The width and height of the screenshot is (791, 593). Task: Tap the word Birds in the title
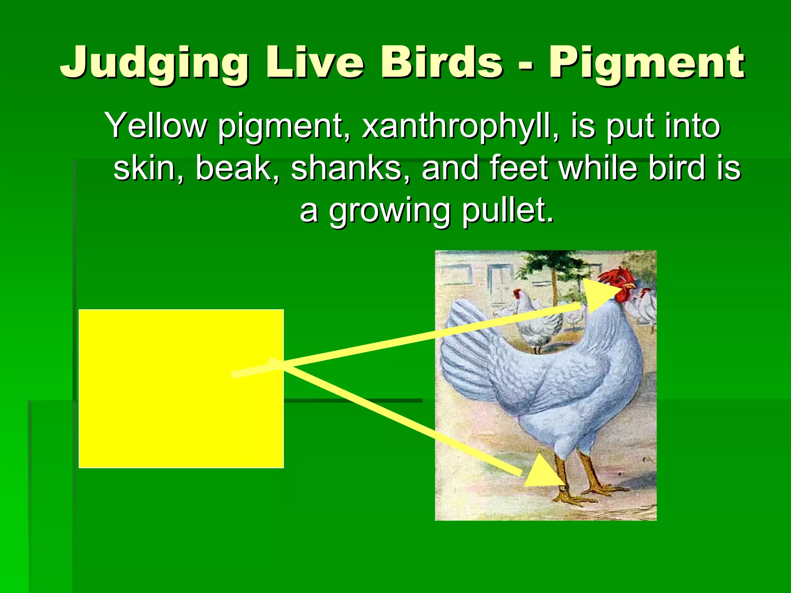[x=442, y=62]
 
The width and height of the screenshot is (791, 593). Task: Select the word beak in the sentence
[x=237, y=168]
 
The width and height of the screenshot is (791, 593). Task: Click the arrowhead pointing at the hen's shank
[x=543, y=473]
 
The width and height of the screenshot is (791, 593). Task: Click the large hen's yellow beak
[x=630, y=287]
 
